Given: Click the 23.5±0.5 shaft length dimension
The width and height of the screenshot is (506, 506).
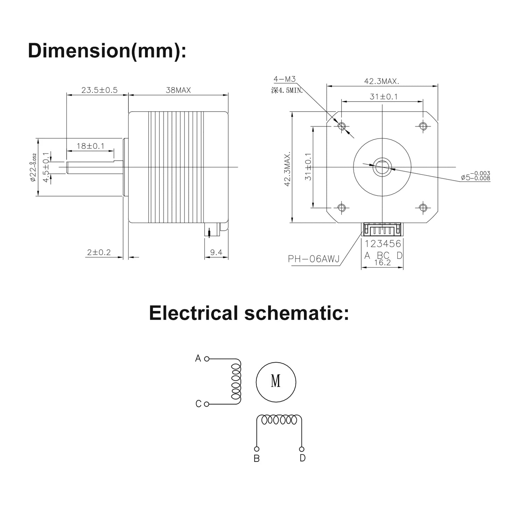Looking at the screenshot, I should pyautogui.click(x=99, y=90).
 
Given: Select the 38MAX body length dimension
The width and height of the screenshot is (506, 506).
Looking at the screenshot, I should pyautogui.click(x=178, y=90).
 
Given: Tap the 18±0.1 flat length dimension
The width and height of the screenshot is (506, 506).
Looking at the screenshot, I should pyautogui.click(x=90, y=146).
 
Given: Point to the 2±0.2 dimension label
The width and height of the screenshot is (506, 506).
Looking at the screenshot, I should pyautogui.click(x=99, y=252).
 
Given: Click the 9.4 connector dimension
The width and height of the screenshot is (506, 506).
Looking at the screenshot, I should pyautogui.click(x=216, y=252).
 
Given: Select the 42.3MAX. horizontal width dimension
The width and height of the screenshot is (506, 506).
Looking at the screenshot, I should pyautogui.click(x=382, y=81).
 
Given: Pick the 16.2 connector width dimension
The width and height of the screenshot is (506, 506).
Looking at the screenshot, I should pyautogui.click(x=382, y=263).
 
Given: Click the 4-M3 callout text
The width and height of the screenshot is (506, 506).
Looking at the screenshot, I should pyautogui.click(x=284, y=79).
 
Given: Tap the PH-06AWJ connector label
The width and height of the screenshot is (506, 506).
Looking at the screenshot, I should pyautogui.click(x=313, y=259).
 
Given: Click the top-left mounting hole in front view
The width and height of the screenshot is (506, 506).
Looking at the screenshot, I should pyautogui.click(x=342, y=126).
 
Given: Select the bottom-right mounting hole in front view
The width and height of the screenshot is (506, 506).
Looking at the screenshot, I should pyautogui.click(x=423, y=208).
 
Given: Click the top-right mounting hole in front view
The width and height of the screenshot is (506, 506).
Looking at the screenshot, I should pyautogui.click(x=423, y=126).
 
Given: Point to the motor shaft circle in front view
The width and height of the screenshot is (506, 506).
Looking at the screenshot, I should pyautogui.click(x=382, y=167).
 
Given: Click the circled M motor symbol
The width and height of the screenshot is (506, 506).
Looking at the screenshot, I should pyautogui.click(x=276, y=382).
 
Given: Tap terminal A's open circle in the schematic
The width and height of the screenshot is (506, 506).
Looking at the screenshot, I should pyautogui.click(x=207, y=359).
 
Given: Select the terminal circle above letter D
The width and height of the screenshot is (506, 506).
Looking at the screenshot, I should pyautogui.click(x=302, y=449).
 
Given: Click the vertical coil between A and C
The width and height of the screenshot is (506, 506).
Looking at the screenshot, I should pyautogui.click(x=236, y=382).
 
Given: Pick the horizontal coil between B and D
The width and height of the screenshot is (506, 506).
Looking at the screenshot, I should pyautogui.click(x=279, y=420).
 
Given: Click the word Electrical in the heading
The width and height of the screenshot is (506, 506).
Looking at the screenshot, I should pyautogui.click(x=194, y=313).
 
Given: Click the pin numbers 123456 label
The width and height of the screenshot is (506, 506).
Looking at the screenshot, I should pyautogui.click(x=383, y=244).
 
